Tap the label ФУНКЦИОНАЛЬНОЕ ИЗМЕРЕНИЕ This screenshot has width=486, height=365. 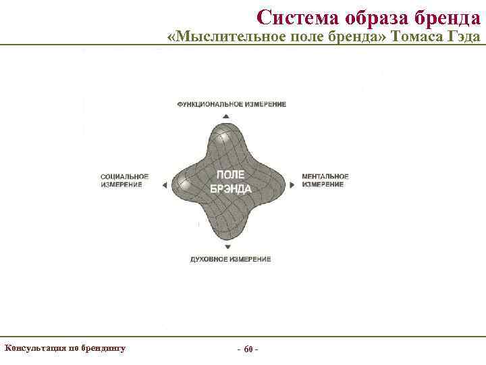pyautogui.click(x=232, y=104)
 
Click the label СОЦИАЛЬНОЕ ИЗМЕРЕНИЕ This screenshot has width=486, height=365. pyautogui.click(x=124, y=180)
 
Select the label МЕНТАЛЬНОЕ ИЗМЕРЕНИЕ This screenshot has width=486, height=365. pyautogui.click(x=325, y=180)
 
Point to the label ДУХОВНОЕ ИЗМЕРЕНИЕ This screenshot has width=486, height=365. pyautogui.click(x=231, y=260)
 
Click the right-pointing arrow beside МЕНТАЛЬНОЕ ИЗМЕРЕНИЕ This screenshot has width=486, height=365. pyautogui.click(x=292, y=184)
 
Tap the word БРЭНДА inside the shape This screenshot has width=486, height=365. pyautogui.click(x=231, y=189)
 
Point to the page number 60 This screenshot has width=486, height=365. pyautogui.click(x=248, y=349)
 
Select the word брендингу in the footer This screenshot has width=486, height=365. pyautogui.click(x=103, y=349)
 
